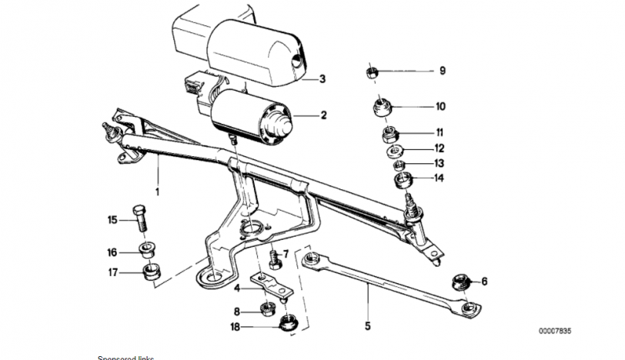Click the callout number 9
(x=443, y=72)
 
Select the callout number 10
(x=441, y=106)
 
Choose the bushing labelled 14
(x=403, y=182)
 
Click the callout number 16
(x=112, y=252)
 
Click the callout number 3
(x=323, y=78)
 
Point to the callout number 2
(x=323, y=116)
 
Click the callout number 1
(x=159, y=191)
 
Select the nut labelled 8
(x=269, y=309)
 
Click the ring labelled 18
(x=290, y=322)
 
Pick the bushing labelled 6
(x=460, y=281)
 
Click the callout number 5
(x=368, y=325)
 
